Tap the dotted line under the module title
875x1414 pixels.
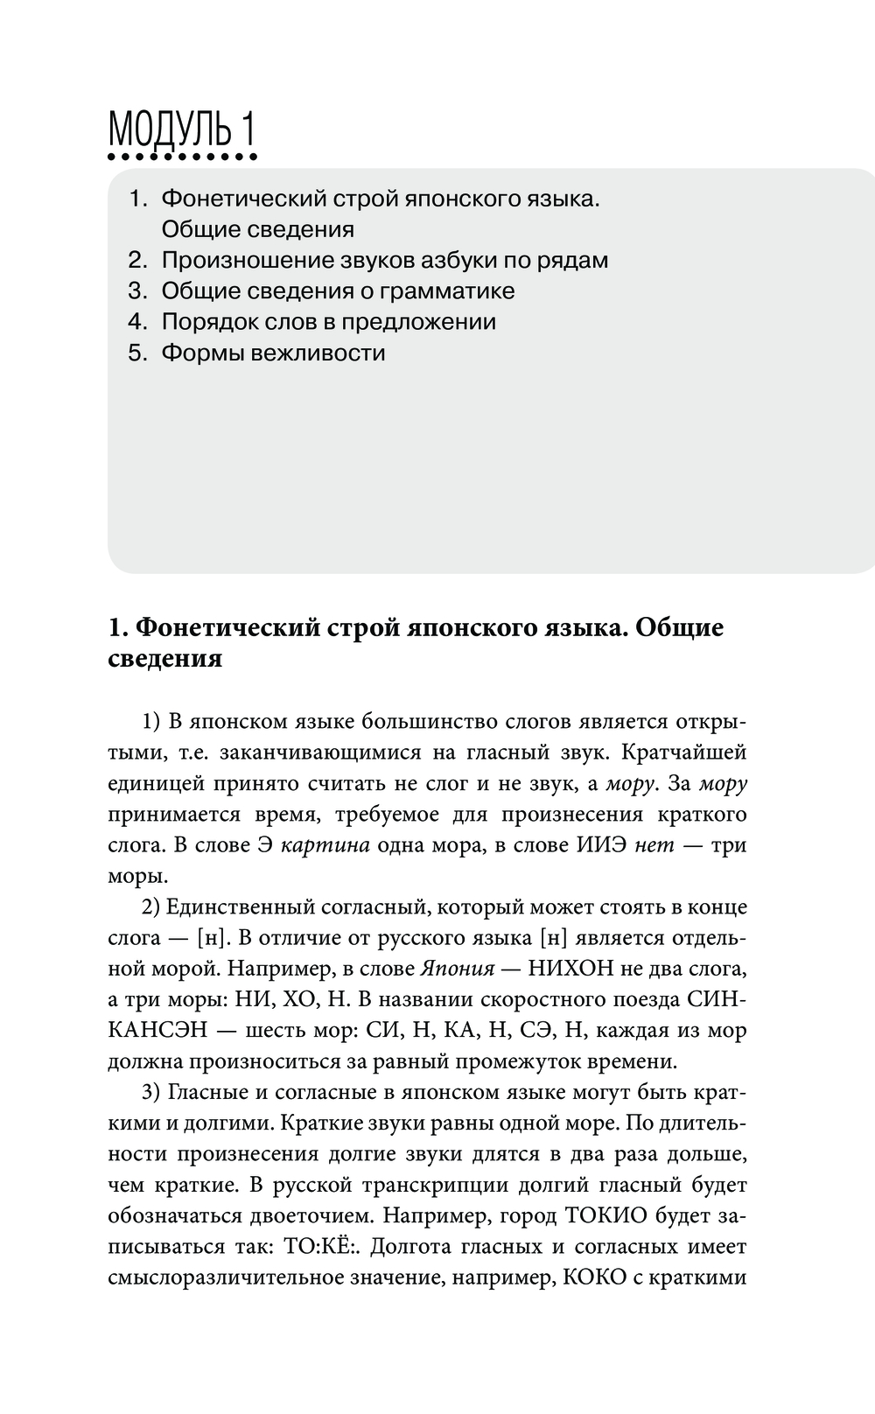[181, 158]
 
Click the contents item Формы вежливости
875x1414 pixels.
[273, 353]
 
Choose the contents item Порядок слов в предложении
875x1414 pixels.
[329, 322]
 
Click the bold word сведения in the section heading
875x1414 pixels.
[165, 658]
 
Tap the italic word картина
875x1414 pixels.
[328, 845]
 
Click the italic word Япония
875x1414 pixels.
[458, 969]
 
